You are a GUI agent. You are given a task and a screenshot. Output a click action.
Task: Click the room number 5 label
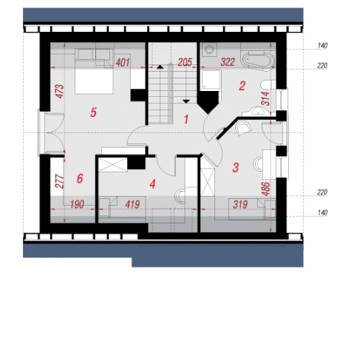93,112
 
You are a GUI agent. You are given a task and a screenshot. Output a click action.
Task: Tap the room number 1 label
186,119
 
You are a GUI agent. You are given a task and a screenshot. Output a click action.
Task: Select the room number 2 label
242,86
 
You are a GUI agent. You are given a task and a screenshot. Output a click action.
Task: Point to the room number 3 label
236,168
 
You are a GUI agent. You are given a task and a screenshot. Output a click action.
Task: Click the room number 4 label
152,184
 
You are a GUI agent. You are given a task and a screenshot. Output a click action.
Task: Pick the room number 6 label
80,178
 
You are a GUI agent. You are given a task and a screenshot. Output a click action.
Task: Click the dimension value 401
123,63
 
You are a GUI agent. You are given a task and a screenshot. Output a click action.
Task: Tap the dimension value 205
185,62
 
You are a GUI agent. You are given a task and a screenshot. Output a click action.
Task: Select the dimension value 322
228,62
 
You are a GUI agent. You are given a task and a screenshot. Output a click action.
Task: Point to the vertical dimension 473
60,92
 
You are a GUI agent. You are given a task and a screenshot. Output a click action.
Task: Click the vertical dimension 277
60,181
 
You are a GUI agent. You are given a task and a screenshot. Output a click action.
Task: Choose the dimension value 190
77,204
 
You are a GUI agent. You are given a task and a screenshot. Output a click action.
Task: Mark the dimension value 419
132,204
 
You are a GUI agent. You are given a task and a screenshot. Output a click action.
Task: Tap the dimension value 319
240,204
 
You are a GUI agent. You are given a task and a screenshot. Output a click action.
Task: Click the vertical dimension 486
266,189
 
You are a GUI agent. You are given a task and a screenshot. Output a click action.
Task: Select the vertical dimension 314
265,98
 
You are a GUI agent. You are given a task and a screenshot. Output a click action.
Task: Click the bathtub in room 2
259,61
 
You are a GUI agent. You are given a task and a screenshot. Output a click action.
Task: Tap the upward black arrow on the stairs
160,67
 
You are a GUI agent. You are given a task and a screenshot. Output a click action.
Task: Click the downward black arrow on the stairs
186,101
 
